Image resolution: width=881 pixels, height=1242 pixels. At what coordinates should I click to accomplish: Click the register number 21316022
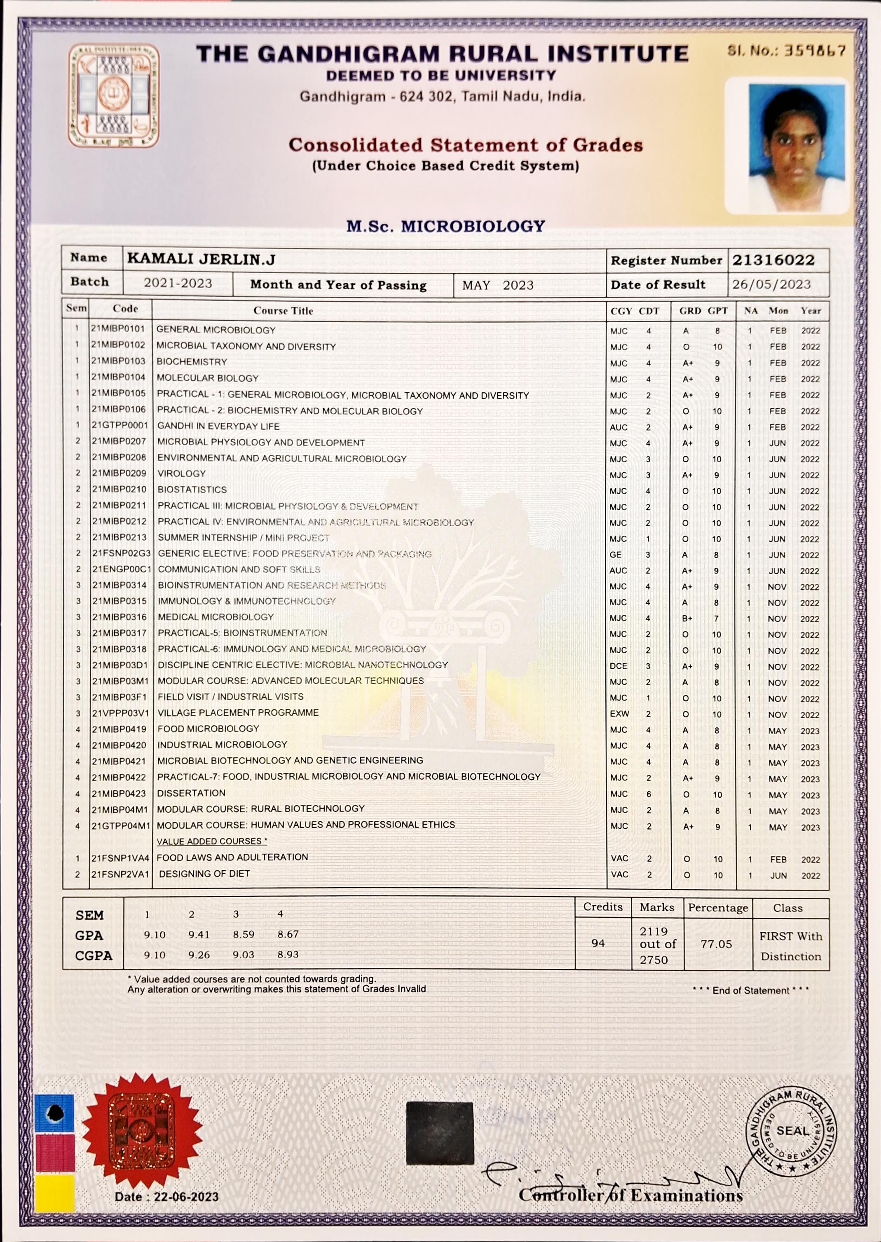click(773, 260)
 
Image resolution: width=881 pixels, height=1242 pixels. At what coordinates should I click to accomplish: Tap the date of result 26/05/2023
click(771, 285)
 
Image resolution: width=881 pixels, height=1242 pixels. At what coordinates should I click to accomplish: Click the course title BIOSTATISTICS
click(192, 490)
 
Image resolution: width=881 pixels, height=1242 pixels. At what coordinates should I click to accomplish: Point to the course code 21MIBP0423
click(119, 794)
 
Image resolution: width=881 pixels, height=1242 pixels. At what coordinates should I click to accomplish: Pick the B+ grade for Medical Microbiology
click(687, 619)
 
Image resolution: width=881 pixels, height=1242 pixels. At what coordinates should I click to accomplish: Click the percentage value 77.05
click(716, 944)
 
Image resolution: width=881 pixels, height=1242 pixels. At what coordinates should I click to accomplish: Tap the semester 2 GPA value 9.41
click(199, 935)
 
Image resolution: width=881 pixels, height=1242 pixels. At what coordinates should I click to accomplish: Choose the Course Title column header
click(283, 311)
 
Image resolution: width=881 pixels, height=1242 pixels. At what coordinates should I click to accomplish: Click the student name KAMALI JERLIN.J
click(201, 259)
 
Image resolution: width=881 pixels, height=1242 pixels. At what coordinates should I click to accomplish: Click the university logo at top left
click(114, 96)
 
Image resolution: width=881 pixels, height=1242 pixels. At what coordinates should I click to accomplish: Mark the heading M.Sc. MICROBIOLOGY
click(445, 226)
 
